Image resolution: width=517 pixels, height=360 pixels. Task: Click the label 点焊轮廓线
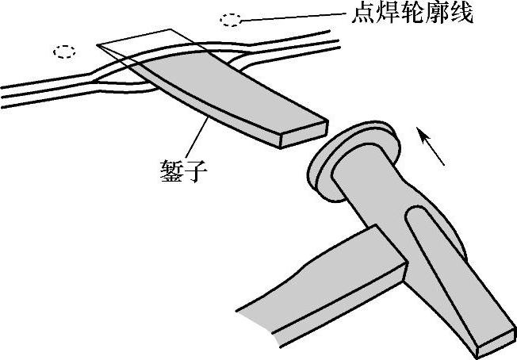pyautogui.click(x=411, y=13)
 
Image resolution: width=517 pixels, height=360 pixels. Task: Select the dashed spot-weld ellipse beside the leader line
pyautogui.click(x=232, y=18)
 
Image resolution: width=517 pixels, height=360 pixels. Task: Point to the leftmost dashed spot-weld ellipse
pyautogui.click(x=65, y=52)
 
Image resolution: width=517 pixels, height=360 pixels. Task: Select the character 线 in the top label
pyautogui.click(x=462, y=13)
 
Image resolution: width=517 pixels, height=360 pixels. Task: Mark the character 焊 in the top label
pyautogui.click(x=385, y=13)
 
